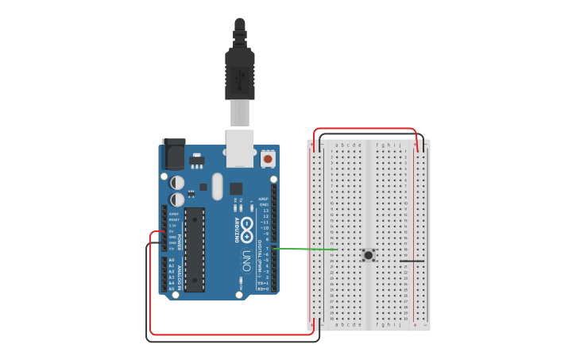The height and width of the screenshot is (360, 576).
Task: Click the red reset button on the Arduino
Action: (x=268, y=158)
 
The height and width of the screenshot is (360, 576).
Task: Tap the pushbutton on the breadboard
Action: (x=369, y=255)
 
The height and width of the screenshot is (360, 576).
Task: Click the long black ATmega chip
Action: (x=195, y=250)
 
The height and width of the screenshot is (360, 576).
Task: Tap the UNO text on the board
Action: (x=246, y=260)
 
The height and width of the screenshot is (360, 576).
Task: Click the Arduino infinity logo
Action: (x=247, y=229)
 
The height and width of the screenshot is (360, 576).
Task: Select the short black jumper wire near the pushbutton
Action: (x=412, y=261)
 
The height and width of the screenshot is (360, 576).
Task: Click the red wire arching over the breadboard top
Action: (x=365, y=130)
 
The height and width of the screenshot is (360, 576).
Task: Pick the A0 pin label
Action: (x=172, y=260)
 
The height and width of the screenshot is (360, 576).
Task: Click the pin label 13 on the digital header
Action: (x=265, y=211)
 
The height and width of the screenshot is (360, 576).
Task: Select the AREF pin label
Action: (x=263, y=199)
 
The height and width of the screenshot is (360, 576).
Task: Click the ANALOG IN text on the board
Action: (x=180, y=274)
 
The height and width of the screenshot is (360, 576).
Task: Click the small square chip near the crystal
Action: (x=236, y=188)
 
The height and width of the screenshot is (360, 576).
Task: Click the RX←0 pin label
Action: (x=263, y=288)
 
